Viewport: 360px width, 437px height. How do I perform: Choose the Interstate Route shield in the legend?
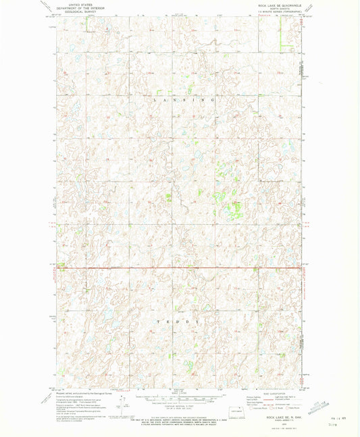(248, 408)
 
